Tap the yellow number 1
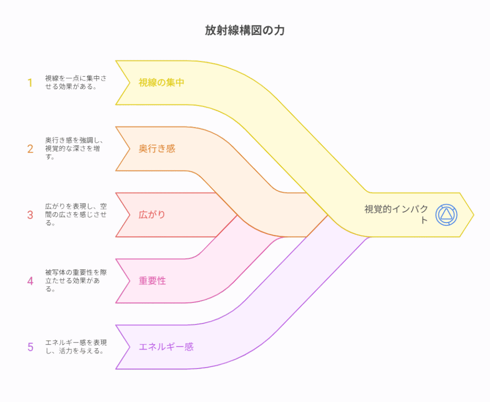coord(30,83)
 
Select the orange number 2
coord(30,149)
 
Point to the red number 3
coord(30,215)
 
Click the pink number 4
coord(30,281)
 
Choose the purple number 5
coord(30,347)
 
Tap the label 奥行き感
coord(157,149)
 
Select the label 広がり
coord(152,215)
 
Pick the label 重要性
coord(152,281)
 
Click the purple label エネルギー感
coord(166,347)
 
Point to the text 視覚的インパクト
coord(396,214)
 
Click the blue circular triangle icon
coord(446,214)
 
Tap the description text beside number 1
coord(76,83)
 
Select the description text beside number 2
coord(76,149)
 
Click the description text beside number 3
coord(76,215)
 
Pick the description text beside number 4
coord(76,281)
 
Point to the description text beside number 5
coord(76,347)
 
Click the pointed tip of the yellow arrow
coord(473,215)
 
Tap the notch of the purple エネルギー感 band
coord(129,347)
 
